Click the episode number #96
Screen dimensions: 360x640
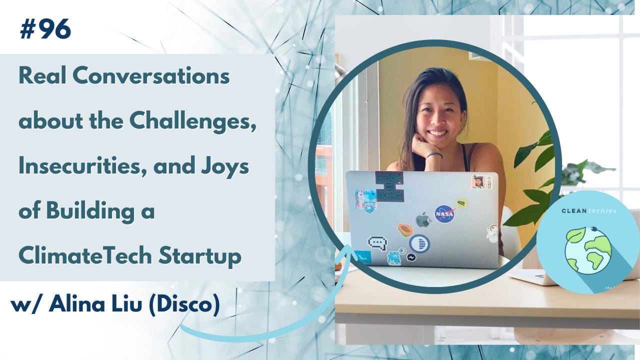pos(45,30)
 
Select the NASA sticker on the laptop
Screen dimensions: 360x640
pos(443,213)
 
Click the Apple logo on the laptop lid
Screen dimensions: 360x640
pos(423,219)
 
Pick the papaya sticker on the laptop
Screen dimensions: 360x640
pos(405,229)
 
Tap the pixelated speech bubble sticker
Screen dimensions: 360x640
pos(377,243)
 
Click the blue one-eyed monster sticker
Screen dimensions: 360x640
pos(394,257)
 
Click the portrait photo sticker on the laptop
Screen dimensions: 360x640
pos(478,182)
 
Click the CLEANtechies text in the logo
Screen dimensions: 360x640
pos(588,210)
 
